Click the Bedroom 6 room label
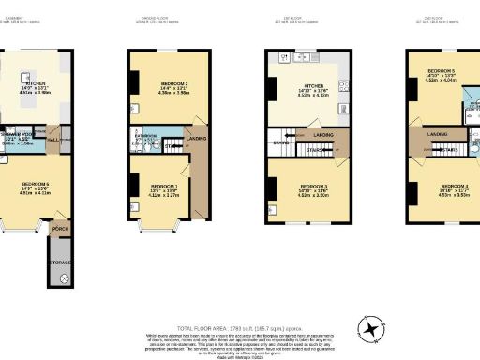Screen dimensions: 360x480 coord(35,183)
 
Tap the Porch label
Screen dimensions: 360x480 coord(60,229)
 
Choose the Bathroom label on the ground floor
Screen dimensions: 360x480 coord(143,137)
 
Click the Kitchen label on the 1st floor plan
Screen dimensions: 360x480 coord(296,86)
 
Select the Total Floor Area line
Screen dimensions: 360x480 coord(240,318)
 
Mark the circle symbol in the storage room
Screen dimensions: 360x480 coord(65,278)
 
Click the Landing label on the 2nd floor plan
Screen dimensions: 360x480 coord(437,135)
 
